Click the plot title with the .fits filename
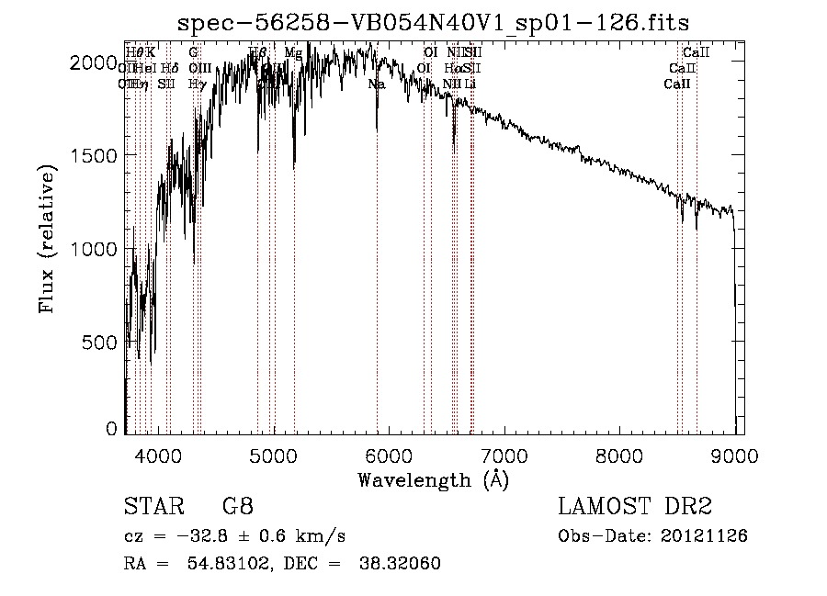point(433,22)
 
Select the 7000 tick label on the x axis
point(504,456)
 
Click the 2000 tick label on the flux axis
point(93,62)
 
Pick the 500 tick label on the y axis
point(100,342)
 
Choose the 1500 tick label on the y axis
point(93,155)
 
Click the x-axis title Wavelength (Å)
point(433,479)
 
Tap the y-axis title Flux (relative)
point(48,238)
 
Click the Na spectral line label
point(377,84)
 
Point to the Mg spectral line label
point(293,53)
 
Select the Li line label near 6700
point(470,84)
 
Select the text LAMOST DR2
point(635,508)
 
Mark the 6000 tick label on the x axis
point(389,456)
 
